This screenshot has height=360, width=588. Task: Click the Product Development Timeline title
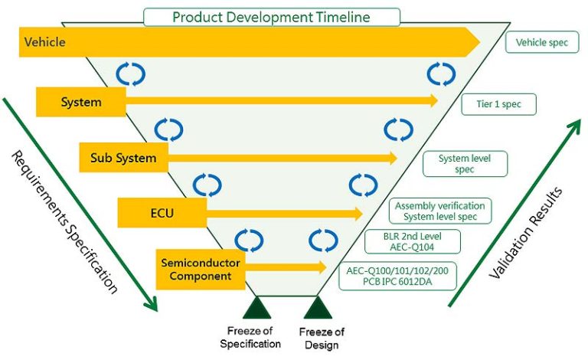point(272,17)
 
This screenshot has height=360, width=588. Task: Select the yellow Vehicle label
point(44,42)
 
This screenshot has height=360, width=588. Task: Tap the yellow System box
point(81,101)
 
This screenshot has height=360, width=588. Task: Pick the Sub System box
point(122,159)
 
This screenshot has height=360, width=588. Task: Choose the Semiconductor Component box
point(201,269)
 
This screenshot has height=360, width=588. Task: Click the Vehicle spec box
point(542,42)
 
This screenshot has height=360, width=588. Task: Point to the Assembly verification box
point(439,211)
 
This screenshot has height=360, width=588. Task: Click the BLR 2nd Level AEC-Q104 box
point(412,241)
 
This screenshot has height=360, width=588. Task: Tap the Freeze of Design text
point(319,338)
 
